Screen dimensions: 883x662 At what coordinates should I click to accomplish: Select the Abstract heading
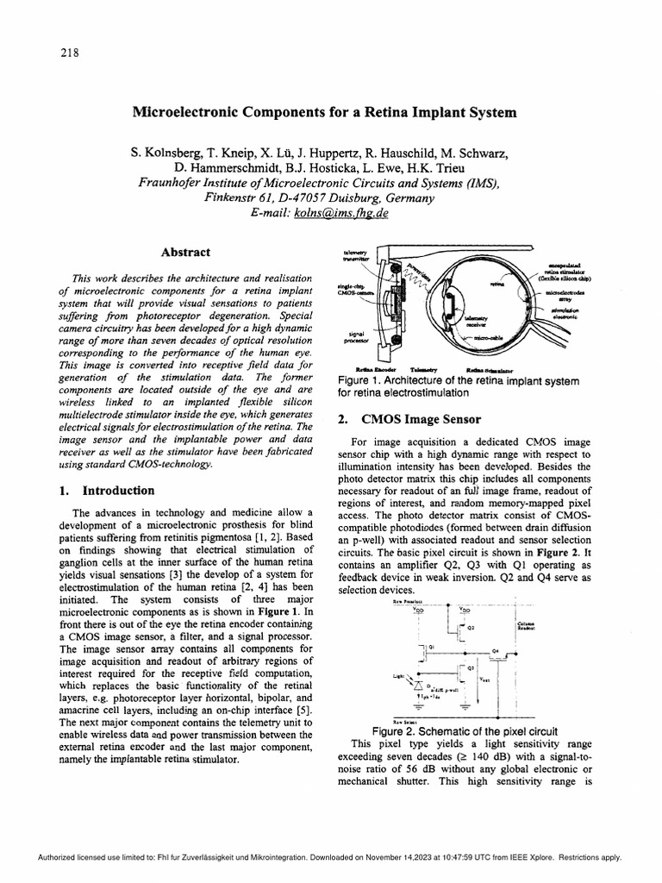click(x=185, y=253)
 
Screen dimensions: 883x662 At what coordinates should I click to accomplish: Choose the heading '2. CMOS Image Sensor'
click(x=397, y=421)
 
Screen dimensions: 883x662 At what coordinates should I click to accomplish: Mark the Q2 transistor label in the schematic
click(x=472, y=628)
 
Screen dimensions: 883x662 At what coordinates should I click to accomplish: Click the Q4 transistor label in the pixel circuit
click(x=496, y=651)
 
